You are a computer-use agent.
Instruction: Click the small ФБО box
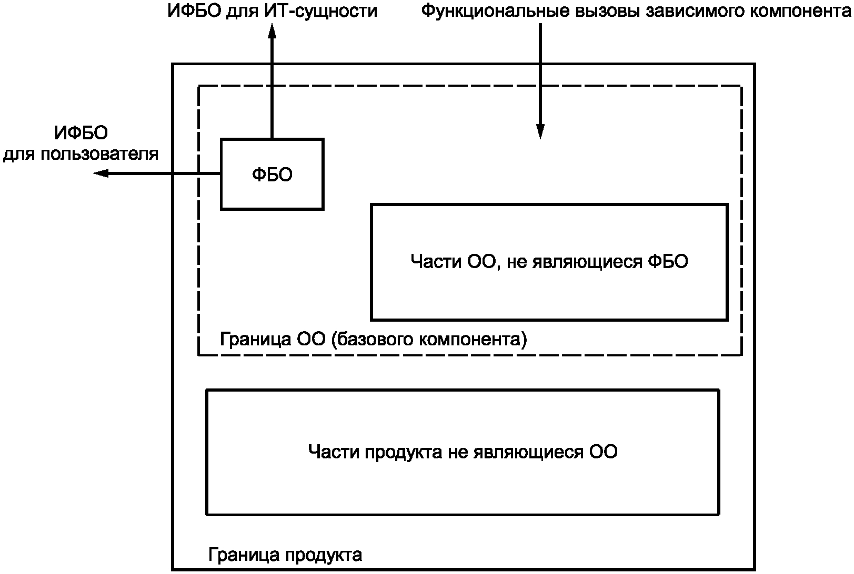point(272,175)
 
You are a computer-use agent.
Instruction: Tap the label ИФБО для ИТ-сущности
point(272,11)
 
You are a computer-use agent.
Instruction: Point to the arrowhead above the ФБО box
point(272,33)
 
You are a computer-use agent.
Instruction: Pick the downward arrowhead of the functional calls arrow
point(540,131)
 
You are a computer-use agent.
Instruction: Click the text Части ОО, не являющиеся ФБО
point(549,261)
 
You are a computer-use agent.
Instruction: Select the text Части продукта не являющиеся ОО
point(463,452)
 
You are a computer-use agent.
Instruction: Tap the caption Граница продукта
point(285,555)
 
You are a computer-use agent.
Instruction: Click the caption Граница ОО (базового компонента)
point(373,339)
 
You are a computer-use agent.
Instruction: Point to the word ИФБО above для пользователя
point(81,134)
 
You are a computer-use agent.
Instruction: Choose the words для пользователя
point(81,154)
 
